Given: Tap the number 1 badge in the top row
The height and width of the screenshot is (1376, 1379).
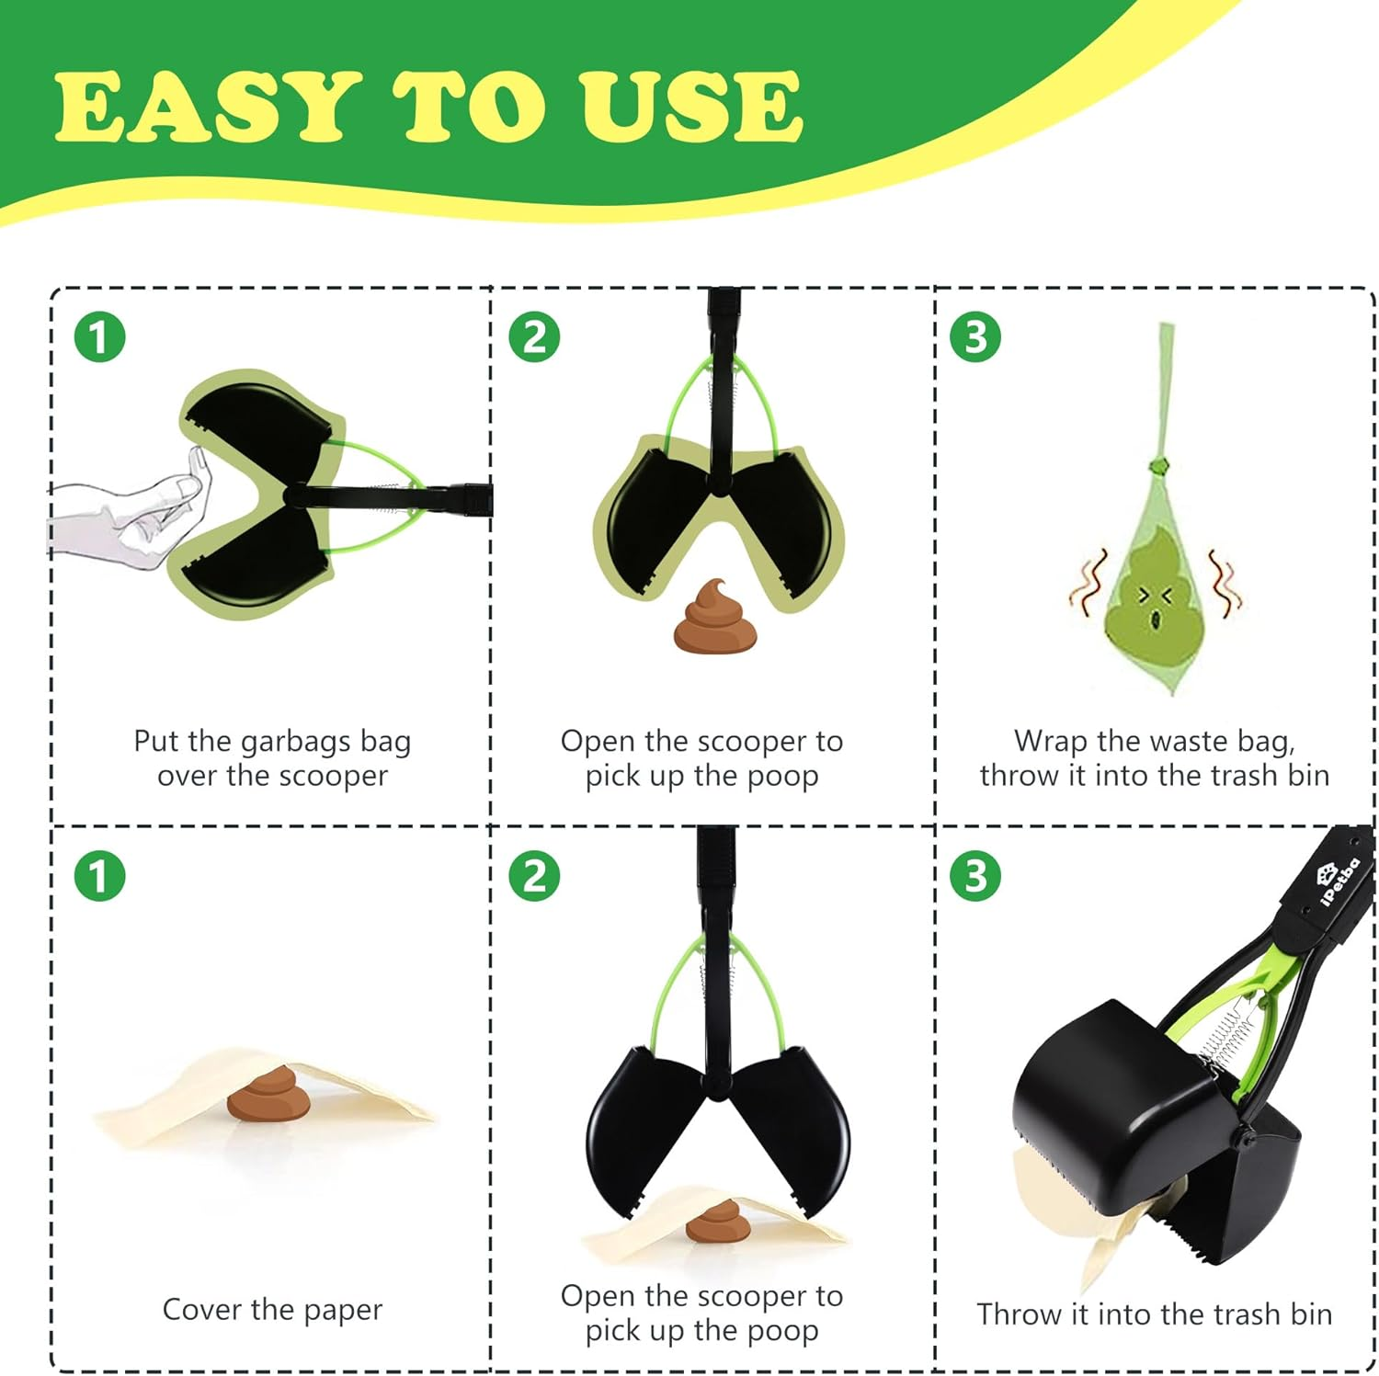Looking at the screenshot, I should (99, 337).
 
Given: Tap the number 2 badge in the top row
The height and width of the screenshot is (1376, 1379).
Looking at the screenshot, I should (534, 337).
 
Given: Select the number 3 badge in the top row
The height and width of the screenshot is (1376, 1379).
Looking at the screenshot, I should (975, 337).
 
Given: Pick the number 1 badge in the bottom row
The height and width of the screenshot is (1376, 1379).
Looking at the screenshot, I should (99, 875).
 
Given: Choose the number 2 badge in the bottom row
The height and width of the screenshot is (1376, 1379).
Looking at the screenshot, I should (534, 875).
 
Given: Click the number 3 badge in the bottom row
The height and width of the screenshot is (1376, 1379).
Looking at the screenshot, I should (975, 875).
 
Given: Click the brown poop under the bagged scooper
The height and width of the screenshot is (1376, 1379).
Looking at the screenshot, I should (714, 618).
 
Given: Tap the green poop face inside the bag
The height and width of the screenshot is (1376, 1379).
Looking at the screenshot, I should (1155, 597).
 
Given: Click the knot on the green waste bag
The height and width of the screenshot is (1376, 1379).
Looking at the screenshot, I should (1161, 461).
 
